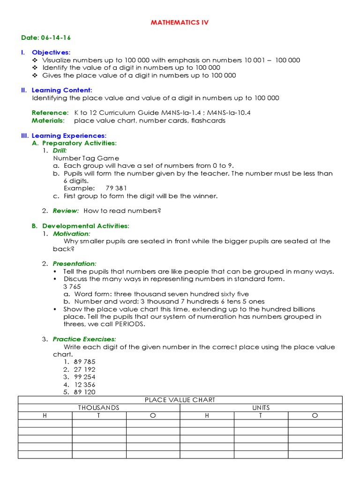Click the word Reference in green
tap(50, 113)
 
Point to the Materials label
tap(48, 120)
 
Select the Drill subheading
tap(60, 150)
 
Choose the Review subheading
tap(65, 211)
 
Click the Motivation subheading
tap(71, 233)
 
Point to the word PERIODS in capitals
tap(118, 324)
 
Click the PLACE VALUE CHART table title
tap(180, 400)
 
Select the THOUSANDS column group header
tap(99, 408)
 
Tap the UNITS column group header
tap(261, 408)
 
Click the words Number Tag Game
tap(86, 158)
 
